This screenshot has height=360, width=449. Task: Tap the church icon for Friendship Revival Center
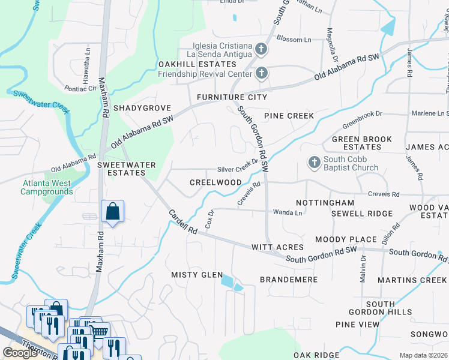tap(261, 74)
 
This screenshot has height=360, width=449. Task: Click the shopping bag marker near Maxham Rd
tap(112, 212)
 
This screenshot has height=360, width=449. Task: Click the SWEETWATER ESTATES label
tap(127, 169)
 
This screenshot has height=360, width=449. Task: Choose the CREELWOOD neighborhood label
tap(215, 182)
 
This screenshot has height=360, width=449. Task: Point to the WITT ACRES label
tap(277, 247)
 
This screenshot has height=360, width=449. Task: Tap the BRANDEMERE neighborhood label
tap(288, 280)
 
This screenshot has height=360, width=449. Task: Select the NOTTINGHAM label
tap(325, 203)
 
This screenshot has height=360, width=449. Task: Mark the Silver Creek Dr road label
tap(237, 170)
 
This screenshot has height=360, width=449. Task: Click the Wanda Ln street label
tap(288, 212)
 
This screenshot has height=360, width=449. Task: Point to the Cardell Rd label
tap(182, 222)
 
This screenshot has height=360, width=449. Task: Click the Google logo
tap(20, 353)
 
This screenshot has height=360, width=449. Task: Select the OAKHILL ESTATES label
tap(197, 64)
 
